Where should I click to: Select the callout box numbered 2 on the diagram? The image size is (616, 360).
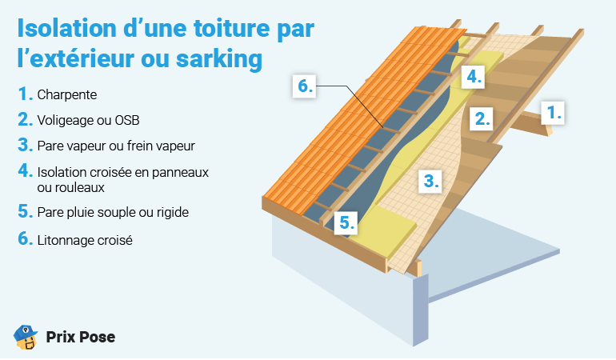click(482, 118)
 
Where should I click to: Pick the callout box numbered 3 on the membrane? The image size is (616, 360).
click(431, 181)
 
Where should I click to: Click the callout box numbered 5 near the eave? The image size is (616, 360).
click(346, 222)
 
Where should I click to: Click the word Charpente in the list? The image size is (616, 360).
click(67, 94)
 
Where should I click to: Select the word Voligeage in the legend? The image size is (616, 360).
click(66, 121)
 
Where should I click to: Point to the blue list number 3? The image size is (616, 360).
click(24, 146)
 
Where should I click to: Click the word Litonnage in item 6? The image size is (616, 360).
click(66, 239)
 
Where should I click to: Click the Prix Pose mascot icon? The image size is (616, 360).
click(26, 337)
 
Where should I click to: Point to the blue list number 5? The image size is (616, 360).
click(24, 213)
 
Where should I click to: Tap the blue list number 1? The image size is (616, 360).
click(24, 94)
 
